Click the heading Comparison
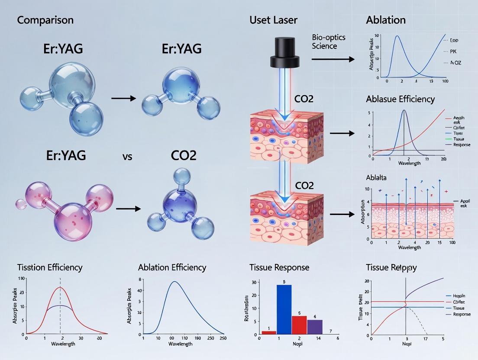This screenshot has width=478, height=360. click(45, 20)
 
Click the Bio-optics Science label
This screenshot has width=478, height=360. click(326, 42)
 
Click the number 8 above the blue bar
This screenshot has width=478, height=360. click(284, 282)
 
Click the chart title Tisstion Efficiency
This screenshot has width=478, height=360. click(50, 267)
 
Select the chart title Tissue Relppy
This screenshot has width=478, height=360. click(391, 267)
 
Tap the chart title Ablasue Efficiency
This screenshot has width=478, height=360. click(400, 99)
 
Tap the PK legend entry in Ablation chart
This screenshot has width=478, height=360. click(454, 51)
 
